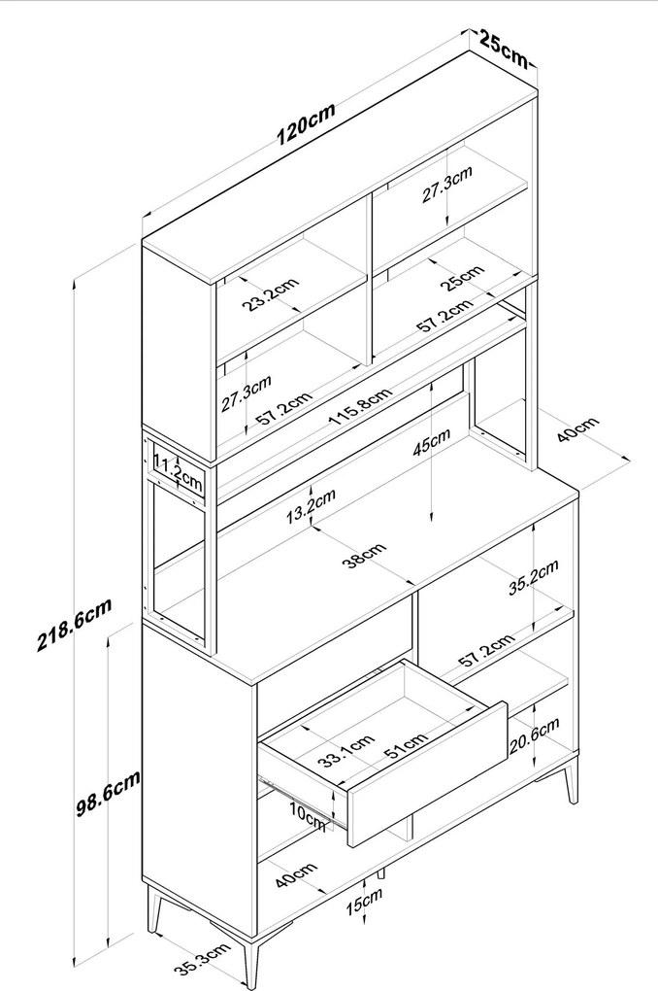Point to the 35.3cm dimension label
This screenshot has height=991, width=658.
(202, 960)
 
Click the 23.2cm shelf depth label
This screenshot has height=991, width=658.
(270, 294)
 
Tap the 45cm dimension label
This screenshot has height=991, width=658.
(432, 442)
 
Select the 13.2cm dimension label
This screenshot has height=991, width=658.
(311, 506)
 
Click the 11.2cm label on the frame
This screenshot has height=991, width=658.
(179, 476)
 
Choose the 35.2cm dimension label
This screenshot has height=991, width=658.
(534, 577)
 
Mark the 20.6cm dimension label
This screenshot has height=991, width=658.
(535, 735)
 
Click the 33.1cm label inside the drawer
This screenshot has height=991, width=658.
(345, 750)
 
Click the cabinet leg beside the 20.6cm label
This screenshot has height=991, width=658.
(571, 780)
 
